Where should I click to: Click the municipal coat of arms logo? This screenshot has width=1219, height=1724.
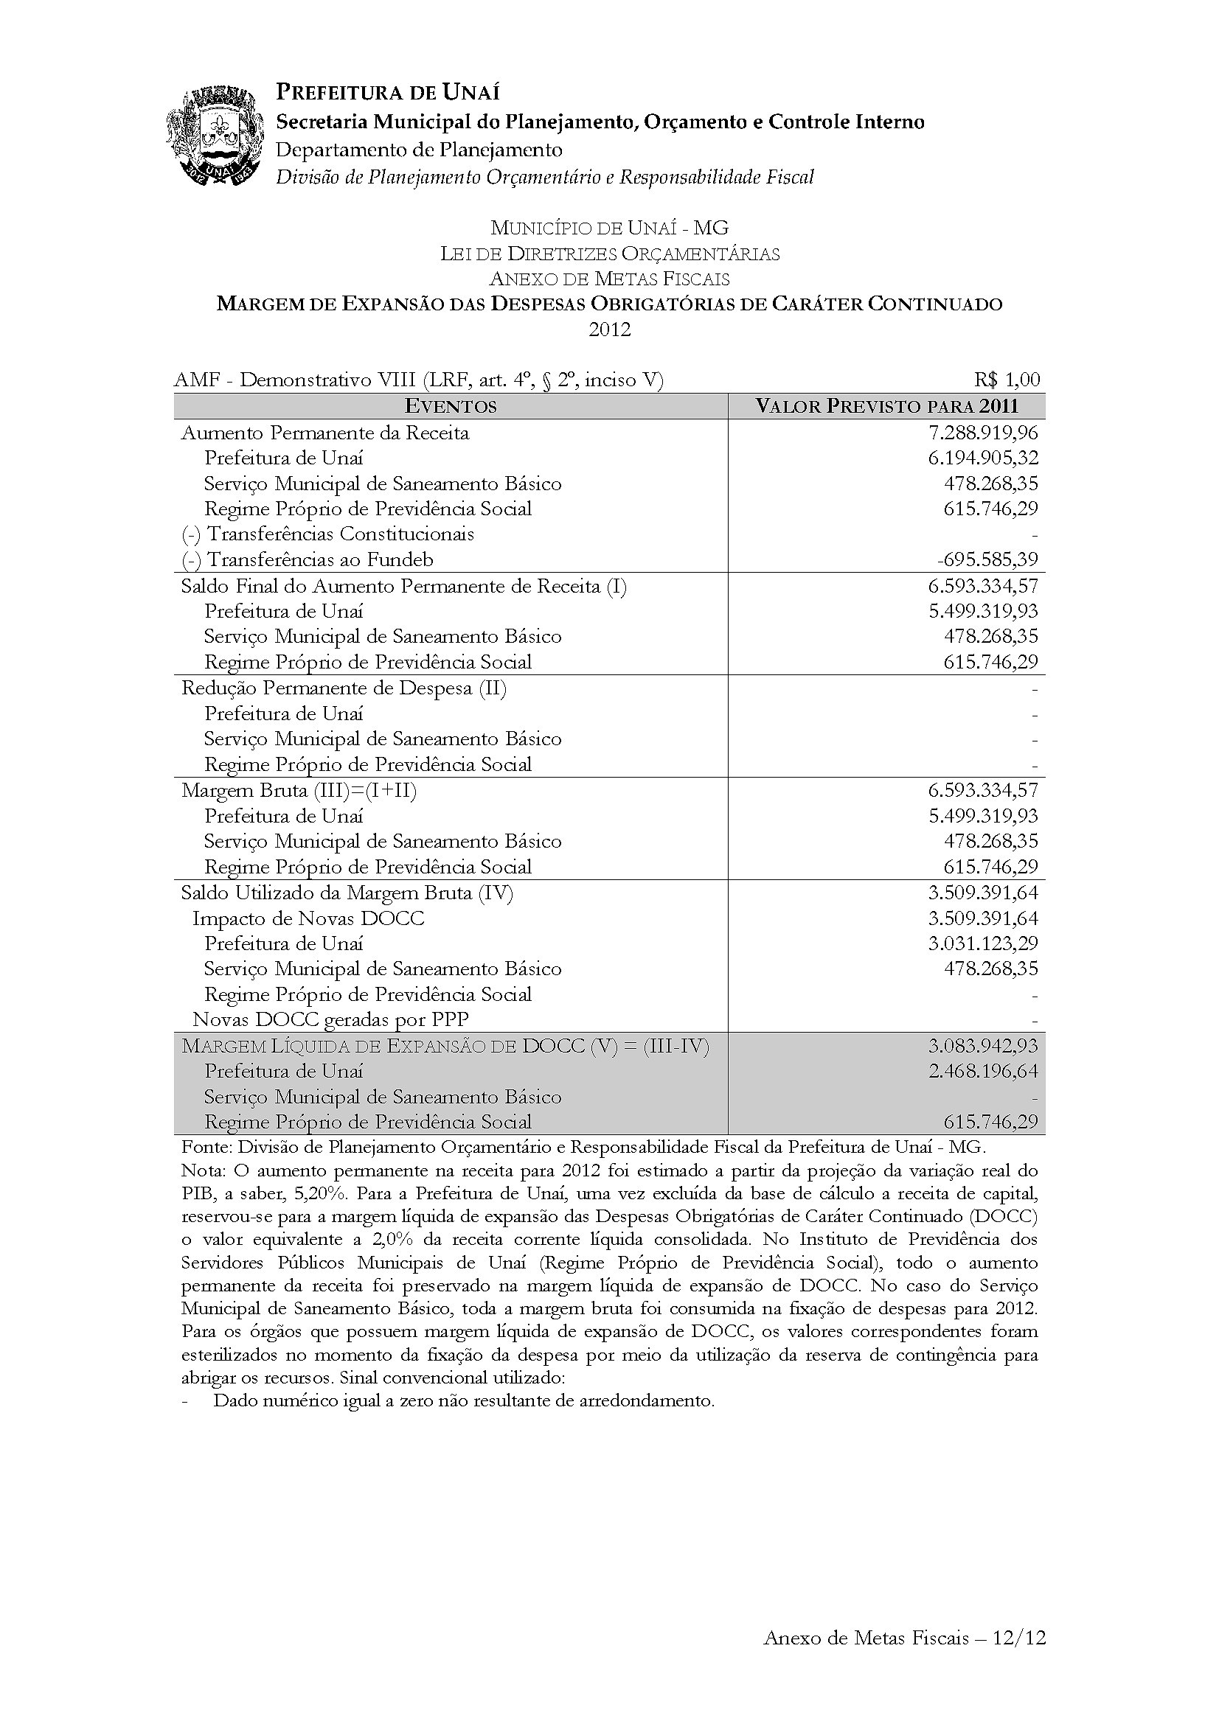tap(215, 136)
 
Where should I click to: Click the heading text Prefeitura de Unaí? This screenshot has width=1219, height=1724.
tap(388, 92)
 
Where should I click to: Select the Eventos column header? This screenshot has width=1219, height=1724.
tap(451, 406)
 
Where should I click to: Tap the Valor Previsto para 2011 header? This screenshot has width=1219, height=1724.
tap(886, 406)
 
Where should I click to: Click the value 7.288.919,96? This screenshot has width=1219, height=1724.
tap(983, 433)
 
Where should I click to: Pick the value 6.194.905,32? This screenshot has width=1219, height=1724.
tap(983, 458)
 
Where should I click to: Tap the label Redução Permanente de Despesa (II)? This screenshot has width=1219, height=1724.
tap(344, 688)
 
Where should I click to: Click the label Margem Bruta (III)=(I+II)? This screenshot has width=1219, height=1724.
tap(299, 790)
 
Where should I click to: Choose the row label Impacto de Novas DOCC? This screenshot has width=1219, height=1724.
tap(308, 918)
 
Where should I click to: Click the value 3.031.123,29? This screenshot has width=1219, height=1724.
tap(983, 943)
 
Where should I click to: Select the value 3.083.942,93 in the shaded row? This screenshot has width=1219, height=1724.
tap(983, 1046)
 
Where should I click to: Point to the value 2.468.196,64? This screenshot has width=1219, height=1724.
tap(983, 1071)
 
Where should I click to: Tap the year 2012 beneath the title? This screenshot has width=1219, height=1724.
tap(609, 329)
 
